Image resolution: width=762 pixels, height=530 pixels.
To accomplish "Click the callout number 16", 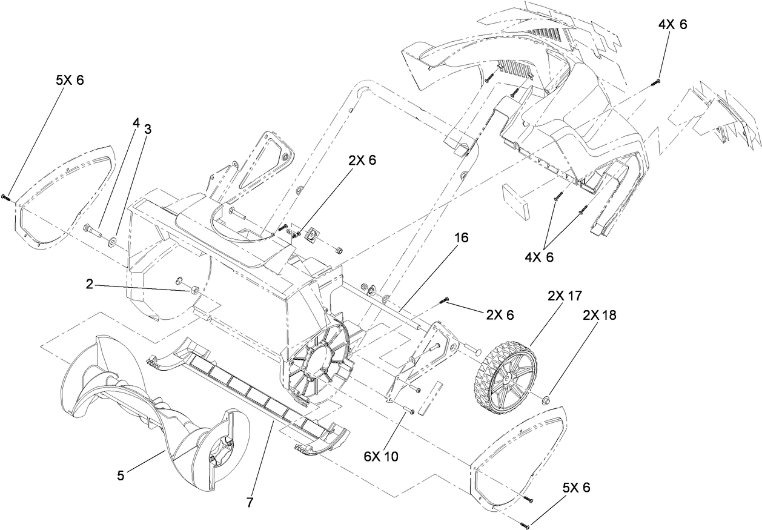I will (x=461, y=238).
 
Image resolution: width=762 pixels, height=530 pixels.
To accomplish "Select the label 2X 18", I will (x=600, y=315).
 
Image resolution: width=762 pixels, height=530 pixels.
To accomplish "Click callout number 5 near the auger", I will (x=121, y=476).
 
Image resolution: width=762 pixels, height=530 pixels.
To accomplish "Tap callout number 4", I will (x=136, y=122).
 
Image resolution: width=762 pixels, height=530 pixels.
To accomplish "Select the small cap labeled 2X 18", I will (x=545, y=399).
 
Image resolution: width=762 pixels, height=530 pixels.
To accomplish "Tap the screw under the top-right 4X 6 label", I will (x=658, y=81).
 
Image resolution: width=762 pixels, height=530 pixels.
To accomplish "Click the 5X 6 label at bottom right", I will (x=576, y=488).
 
